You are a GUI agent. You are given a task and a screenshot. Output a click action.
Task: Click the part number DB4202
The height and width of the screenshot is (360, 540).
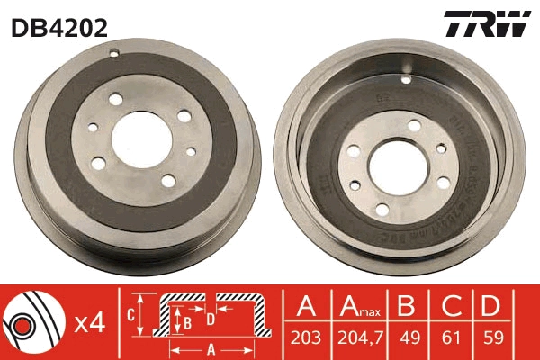coord(59,27)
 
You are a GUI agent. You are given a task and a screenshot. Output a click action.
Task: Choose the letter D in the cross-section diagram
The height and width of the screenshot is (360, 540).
coord(209,319)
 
